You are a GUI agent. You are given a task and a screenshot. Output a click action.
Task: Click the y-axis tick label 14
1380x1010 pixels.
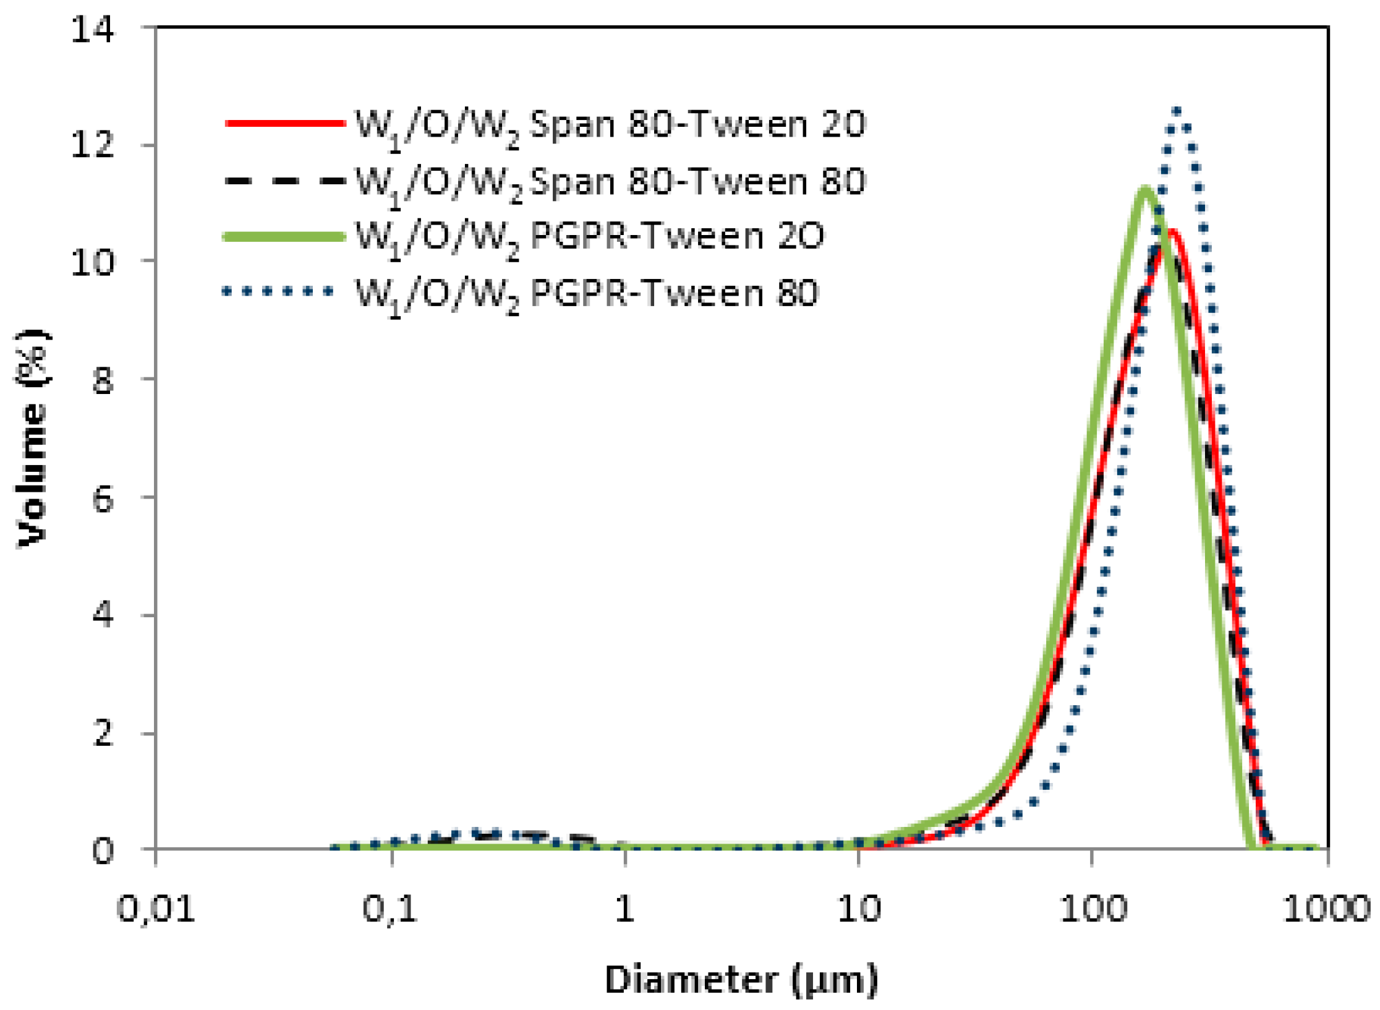pos(92,28)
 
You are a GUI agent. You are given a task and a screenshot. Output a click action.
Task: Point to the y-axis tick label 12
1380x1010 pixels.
pos(92,146)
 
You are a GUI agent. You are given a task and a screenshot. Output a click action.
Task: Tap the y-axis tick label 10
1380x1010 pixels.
pos(92,262)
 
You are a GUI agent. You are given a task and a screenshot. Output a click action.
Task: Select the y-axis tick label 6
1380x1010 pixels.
pos(103,498)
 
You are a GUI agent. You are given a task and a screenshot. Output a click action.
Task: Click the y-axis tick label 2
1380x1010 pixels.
pos(103,734)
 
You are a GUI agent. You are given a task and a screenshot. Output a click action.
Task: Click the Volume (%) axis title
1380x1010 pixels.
pos(32,439)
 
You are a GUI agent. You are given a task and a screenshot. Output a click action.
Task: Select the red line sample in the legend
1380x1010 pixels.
pos(284,123)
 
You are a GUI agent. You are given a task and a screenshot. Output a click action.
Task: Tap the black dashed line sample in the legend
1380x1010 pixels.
pos(284,181)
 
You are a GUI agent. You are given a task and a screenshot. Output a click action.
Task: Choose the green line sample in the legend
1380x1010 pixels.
pos(284,236)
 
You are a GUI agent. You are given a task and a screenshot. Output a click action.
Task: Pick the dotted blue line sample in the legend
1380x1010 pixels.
pos(278,291)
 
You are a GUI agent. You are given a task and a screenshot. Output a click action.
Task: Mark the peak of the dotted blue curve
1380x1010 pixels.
pos(1177,111)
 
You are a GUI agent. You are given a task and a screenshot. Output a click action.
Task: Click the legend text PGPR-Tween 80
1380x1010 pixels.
pos(675,293)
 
